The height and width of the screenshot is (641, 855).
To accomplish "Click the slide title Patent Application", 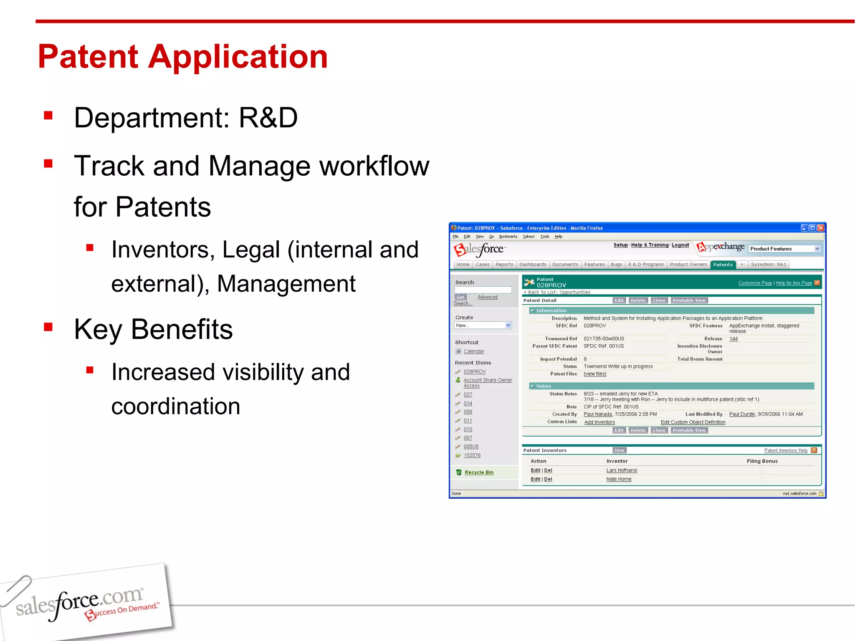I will (183, 57).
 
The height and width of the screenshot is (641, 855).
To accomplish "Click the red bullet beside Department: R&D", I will (48, 116).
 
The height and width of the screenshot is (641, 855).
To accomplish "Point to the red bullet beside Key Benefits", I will (48, 327).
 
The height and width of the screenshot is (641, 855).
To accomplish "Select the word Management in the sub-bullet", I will (286, 284).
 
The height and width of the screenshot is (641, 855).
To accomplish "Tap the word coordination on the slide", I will (176, 406).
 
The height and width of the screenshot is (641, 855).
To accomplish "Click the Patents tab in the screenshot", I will (723, 265).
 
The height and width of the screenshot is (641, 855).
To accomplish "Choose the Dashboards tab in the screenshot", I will (532, 265).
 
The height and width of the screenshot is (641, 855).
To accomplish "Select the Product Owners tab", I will (688, 265).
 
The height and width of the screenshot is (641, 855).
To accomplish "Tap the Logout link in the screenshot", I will (680, 245).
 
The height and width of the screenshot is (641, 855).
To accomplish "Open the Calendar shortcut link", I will (474, 351).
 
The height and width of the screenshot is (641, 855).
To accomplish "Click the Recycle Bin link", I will (479, 472).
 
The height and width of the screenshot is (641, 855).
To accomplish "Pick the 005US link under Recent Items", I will (471, 447).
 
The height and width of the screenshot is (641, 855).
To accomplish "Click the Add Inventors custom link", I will (600, 422).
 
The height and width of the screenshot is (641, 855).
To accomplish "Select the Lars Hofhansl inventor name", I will (622, 470).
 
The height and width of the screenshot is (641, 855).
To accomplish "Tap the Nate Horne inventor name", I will (619, 479).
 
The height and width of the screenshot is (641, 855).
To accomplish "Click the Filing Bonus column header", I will (762, 461).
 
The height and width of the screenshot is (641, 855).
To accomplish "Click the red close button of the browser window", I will (821, 228).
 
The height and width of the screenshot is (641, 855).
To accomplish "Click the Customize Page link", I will (755, 283).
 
